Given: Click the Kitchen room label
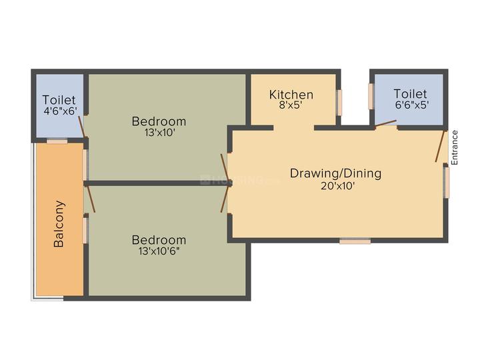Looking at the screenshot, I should pos(291,95).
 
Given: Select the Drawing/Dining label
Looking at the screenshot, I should pos(335,173).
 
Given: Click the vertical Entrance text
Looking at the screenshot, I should pos(455,147).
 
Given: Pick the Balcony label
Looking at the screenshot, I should pos(59,224).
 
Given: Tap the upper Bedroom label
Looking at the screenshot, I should pos(159,121).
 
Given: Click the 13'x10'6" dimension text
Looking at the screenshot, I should pos(159,252).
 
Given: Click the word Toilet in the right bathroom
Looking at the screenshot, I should pos(410,94).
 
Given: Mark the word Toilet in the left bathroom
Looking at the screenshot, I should pos(59,101).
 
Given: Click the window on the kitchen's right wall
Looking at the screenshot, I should pos(339,101).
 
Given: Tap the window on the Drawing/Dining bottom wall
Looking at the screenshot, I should pos(355,241).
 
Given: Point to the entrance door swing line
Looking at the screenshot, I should pos(440,146).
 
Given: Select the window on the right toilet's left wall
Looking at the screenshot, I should pos(370,95).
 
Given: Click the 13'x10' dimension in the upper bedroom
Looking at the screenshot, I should pos(159,133).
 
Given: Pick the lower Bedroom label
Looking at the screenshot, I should pos(159,240).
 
